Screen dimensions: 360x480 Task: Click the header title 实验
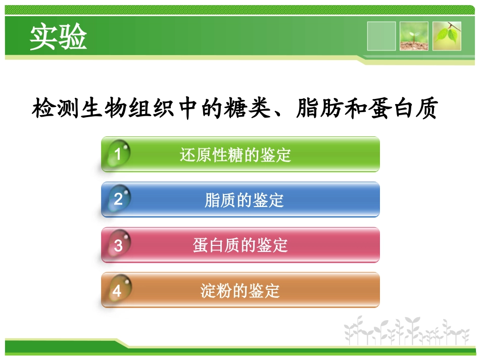pos(58,37)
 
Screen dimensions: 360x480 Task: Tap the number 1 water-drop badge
pos(117,153)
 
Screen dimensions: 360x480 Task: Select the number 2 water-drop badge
pos(117,199)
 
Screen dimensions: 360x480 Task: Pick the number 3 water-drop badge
pos(118,245)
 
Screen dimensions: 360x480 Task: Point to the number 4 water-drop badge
pos(117,290)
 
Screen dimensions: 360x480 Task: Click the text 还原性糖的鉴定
pos(235,155)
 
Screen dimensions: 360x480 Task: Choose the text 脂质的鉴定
pos(244,200)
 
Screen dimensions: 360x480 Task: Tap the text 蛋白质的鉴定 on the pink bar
pos(240,245)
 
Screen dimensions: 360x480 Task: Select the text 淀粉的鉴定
pos(240,291)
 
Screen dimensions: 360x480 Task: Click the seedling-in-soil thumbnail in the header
pos(414,36)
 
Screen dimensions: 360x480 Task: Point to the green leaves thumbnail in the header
pos(447,36)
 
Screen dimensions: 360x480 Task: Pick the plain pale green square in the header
pos(381,36)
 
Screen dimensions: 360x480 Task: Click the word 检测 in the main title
pos(56,109)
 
